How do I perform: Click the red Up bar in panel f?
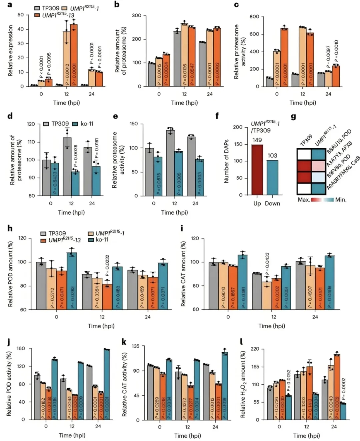257,170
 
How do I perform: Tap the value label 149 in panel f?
257,140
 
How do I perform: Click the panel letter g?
293,116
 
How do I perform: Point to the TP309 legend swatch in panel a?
37,8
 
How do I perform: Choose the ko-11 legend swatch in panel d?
75,124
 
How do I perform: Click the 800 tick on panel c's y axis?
254,17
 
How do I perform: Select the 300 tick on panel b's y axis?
136,15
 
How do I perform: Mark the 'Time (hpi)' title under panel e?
174,212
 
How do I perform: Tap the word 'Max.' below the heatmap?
304,200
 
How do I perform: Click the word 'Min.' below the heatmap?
341,200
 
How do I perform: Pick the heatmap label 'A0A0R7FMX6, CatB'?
343,173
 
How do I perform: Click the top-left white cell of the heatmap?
304,155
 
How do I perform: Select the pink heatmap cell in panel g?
318,166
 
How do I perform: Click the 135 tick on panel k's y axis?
135,346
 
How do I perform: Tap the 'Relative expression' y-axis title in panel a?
11,50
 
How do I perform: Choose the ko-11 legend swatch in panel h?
91,240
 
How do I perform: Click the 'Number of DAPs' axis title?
227,161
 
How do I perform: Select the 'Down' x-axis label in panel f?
272,204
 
